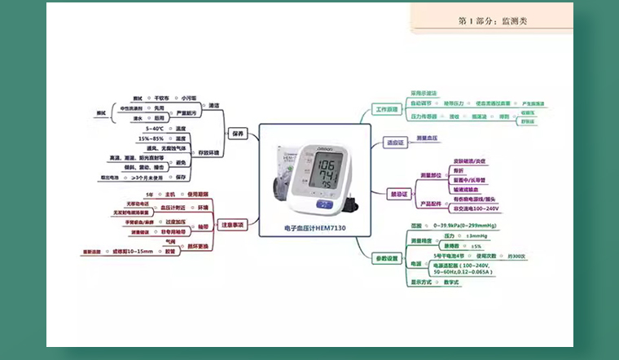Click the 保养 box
238,133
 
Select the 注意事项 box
233,224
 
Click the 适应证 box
396,143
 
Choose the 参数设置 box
388,258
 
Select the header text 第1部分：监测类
493,21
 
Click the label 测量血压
428,138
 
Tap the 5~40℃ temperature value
155,129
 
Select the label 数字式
453,282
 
